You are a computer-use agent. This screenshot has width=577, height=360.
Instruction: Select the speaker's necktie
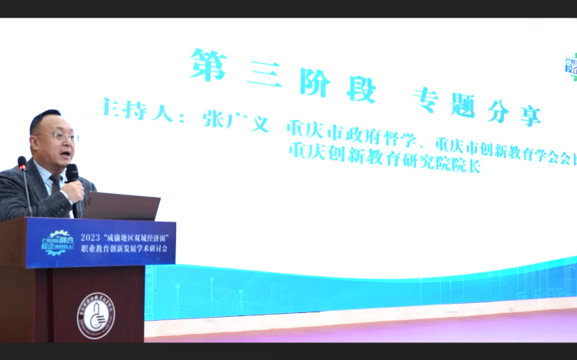[56, 185]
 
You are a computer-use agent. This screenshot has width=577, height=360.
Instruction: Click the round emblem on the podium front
[95, 315]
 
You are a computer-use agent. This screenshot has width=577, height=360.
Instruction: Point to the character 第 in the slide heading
[208, 65]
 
